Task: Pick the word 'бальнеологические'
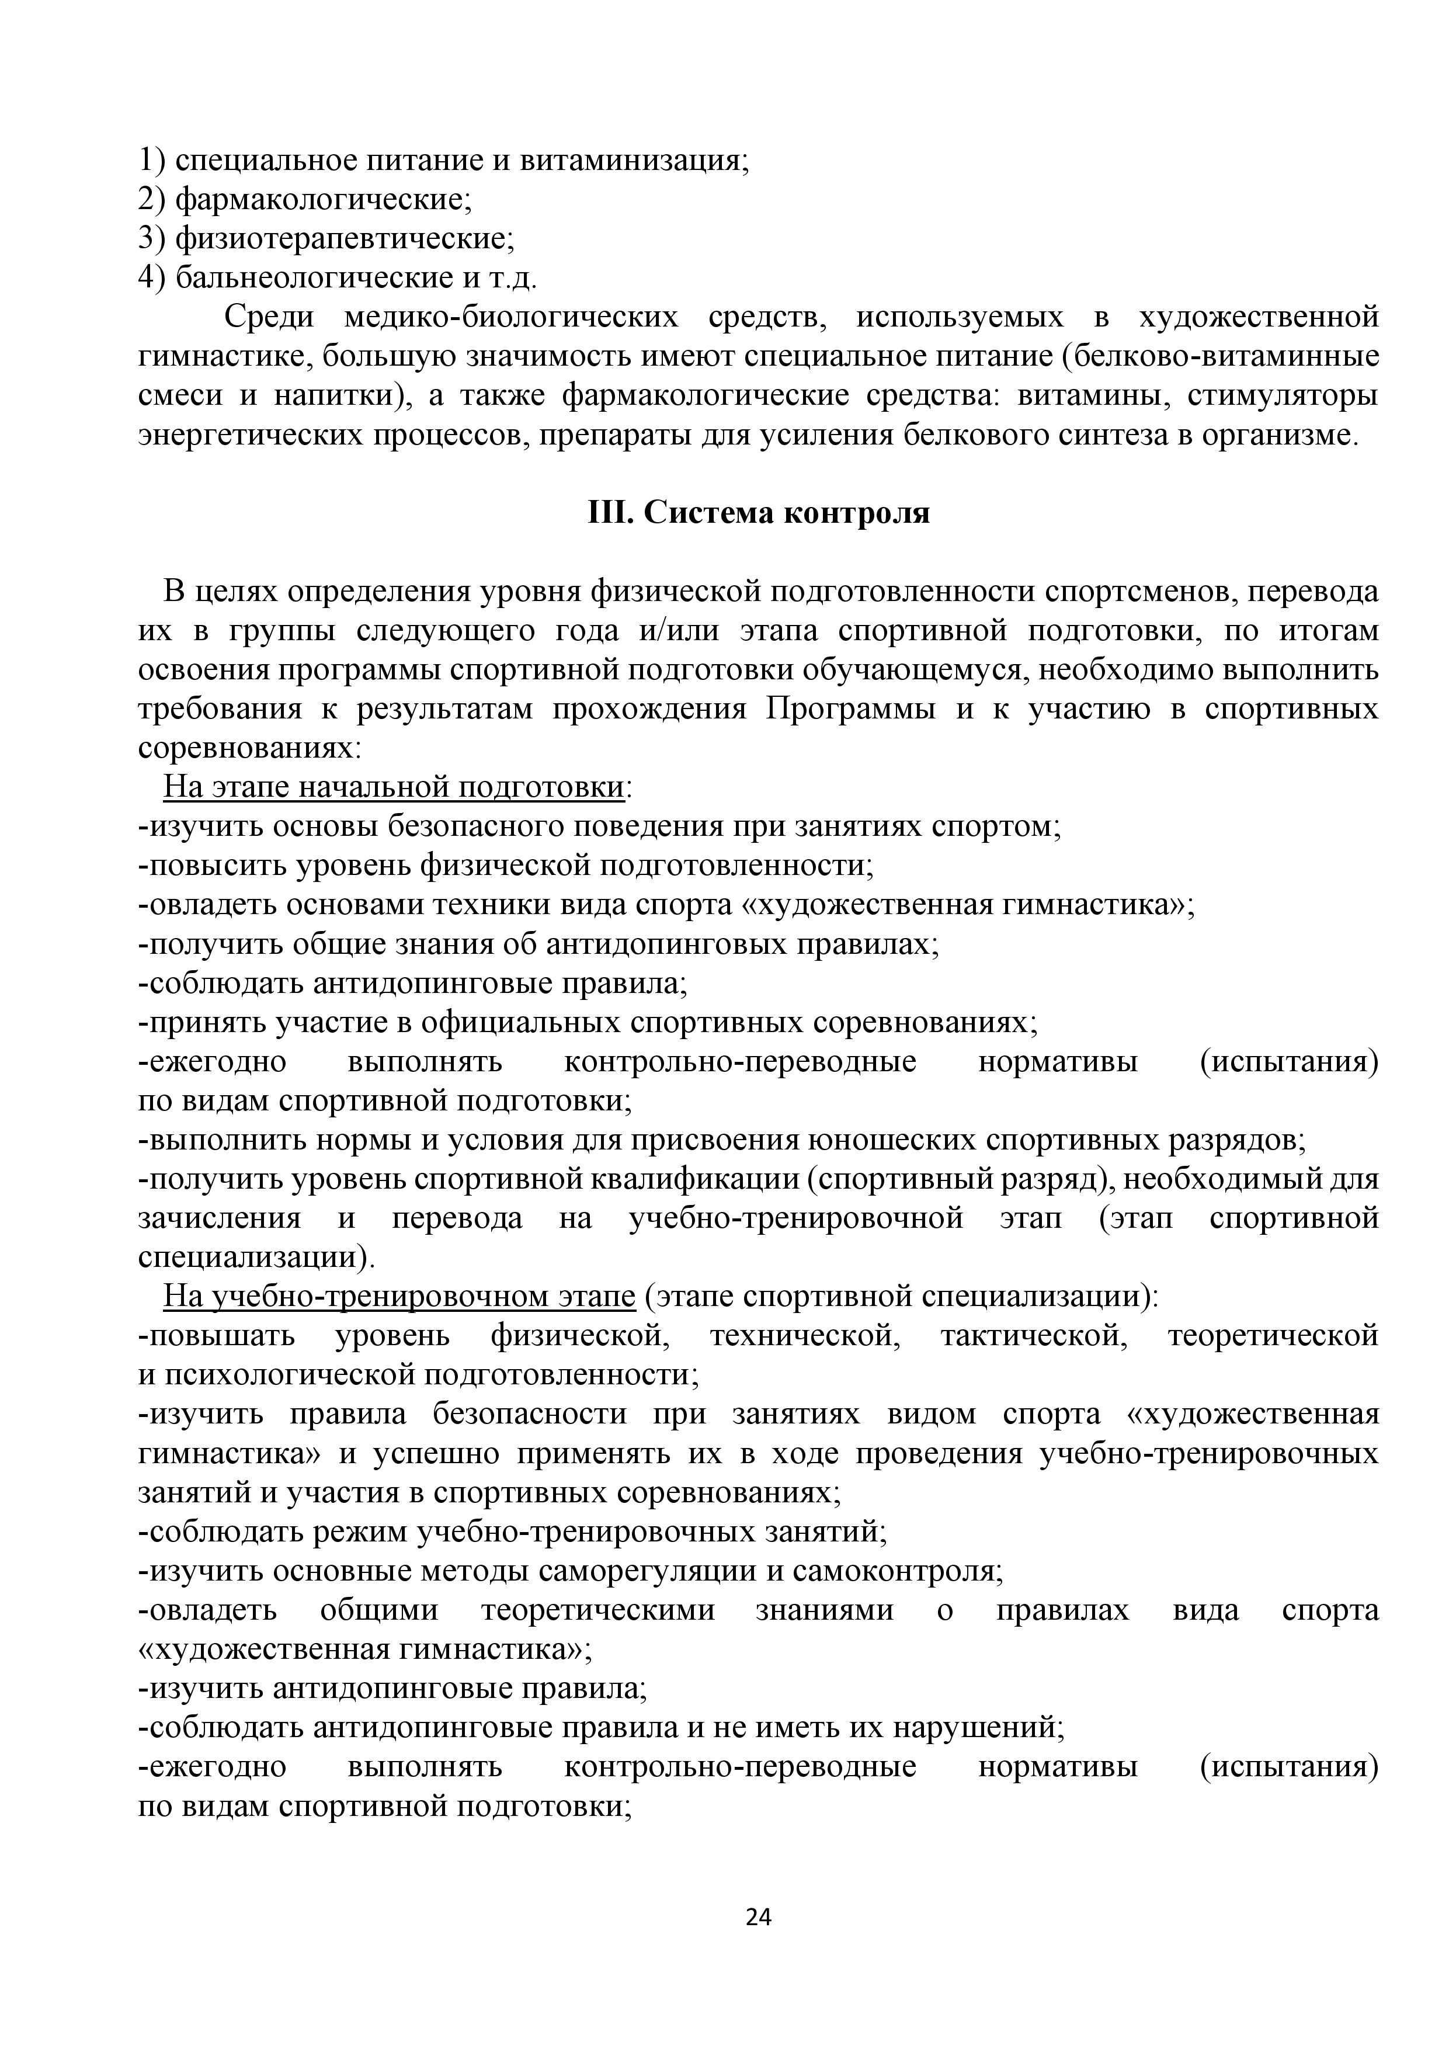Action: [315, 277]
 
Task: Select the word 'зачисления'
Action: [220, 1218]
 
